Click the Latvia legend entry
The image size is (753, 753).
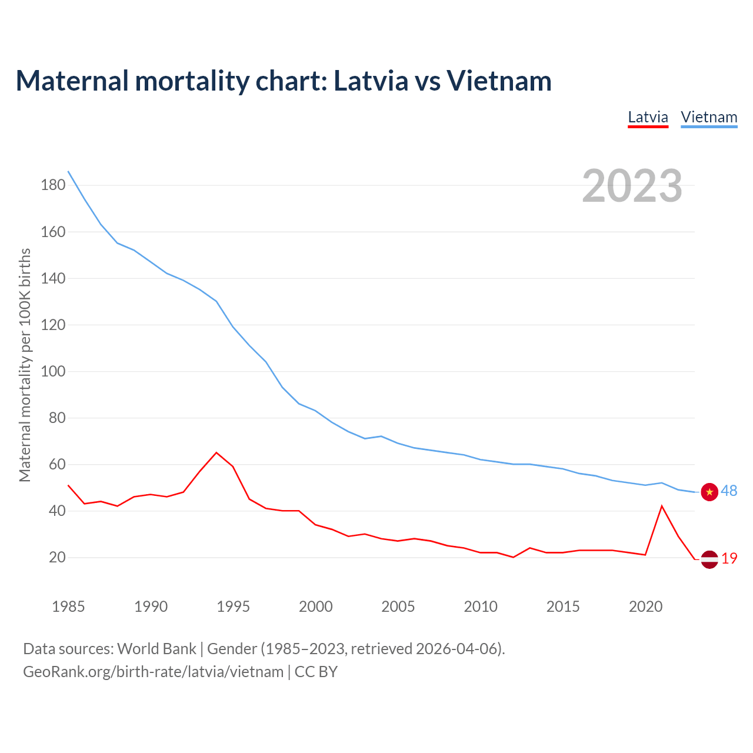(x=648, y=117)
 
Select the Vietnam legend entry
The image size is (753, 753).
(x=709, y=117)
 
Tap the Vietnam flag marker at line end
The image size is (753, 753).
(x=709, y=492)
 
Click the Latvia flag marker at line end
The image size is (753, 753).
(x=709, y=559)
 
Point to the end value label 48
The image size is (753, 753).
(x=729, y=491)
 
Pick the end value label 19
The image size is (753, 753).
(x=729, y=559)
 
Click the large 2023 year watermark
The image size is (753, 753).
(x=632, y=186)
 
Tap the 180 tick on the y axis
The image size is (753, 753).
(x=53, y=185)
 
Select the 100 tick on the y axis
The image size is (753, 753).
(x=53, y=371)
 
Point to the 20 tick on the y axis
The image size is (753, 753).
(x=57, y=557)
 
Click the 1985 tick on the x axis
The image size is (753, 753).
(x=68, y=607)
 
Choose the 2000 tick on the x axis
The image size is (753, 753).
(x=316, y=607)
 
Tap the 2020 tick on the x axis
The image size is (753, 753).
(x=646, y=607)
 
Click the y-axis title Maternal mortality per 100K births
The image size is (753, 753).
(x=25, y=365)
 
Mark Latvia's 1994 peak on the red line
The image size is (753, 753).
(x=216, y=452)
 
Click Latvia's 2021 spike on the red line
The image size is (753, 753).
(x=662, y=506)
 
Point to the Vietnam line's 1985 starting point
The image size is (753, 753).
(x=68, y=171)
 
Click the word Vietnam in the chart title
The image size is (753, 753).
(x=499, y=81)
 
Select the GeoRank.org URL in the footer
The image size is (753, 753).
(x=153, y=672)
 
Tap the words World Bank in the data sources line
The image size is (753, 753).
(x=156, y=649)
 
